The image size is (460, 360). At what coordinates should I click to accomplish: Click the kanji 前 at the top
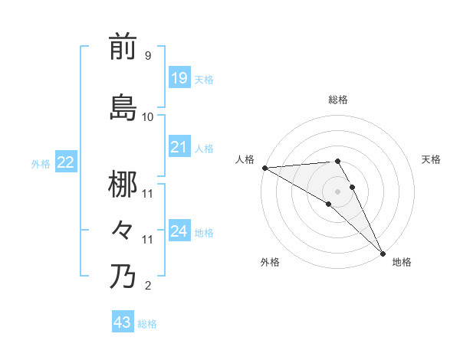(123, 47)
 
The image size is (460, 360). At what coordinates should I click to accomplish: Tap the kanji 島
(123, 107)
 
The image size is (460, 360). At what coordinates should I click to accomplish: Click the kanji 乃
(123, 276)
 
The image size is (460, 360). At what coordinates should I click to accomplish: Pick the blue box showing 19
(179, 77)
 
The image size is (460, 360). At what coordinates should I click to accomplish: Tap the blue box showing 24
(179, 231)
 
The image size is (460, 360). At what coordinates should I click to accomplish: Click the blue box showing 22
(65, 162)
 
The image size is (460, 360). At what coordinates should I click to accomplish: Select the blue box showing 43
(122, 322)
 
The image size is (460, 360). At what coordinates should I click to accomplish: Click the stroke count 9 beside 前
(147, 56)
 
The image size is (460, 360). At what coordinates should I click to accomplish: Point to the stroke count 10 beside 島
(148, 117)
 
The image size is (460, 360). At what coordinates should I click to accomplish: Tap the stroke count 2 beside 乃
(147, 286)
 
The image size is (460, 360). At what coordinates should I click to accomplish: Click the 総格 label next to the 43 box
(147, 324)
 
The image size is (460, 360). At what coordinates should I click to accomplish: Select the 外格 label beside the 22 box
(40, 163)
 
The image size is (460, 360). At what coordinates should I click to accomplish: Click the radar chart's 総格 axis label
(338, 100)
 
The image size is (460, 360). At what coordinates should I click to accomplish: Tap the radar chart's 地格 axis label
(402, 262)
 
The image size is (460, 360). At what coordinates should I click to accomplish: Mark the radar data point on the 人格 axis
(264, 168)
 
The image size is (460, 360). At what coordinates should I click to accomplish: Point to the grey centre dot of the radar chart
(337, 191)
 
